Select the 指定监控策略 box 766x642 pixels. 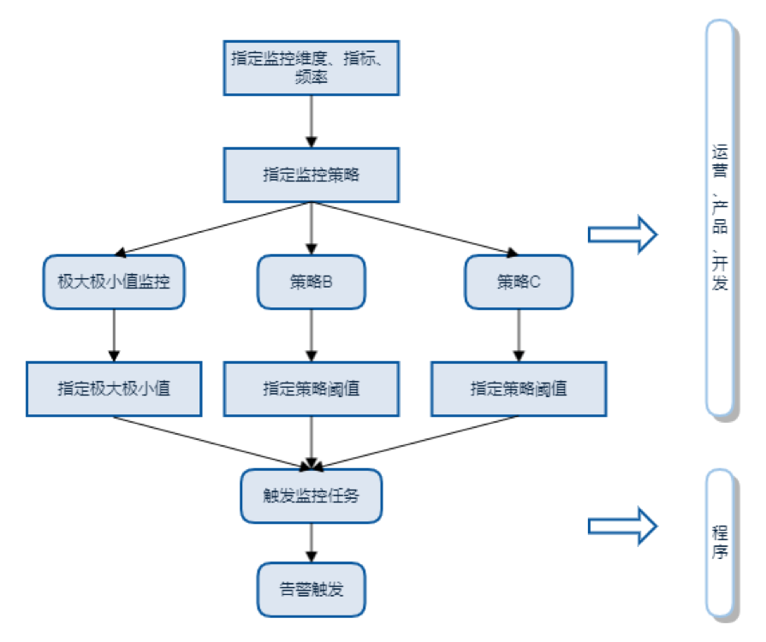(311, 174)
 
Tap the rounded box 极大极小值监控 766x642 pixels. (114, 281)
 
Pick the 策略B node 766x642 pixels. (311, 281)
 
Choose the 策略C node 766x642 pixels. (519, 281)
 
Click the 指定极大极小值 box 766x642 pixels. (114, 388)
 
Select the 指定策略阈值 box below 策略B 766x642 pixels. (311, 388)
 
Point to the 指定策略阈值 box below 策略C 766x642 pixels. (519, 388)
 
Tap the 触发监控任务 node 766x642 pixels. (311, 495)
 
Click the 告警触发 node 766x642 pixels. (311, 589)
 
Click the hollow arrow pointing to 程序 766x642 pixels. (622, 524)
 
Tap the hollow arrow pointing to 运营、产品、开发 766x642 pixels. (622, 234)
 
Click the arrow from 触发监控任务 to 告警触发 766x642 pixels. (311, 542)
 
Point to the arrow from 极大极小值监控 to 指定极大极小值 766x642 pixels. (114, 335)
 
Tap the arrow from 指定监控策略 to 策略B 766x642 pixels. (311, 228)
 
